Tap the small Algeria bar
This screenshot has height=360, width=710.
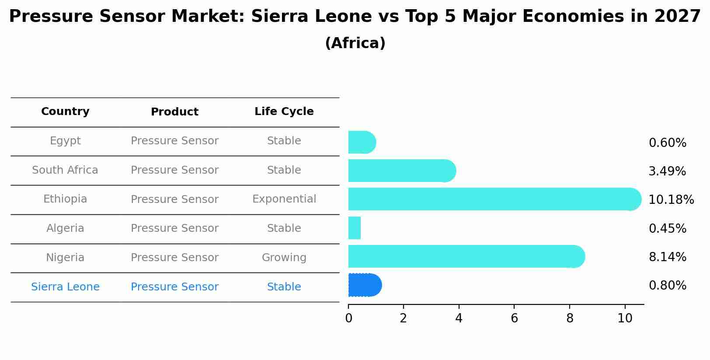pos(355,228)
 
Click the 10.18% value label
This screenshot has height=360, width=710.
pos(671,200)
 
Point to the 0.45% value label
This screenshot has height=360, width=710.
pos(667,228)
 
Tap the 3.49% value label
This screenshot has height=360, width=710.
pos(667,171)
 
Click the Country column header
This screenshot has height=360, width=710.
pos(65,112)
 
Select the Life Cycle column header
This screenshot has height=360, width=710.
pos(284,112)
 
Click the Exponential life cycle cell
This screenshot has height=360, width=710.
pos(284,199)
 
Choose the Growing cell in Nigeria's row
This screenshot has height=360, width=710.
pos(284,258)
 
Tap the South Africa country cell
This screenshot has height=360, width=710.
pos(65,170)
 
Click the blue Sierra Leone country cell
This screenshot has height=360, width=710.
pos(65,287)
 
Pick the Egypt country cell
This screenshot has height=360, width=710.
pos(65,141)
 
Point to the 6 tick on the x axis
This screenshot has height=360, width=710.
pos(514,318)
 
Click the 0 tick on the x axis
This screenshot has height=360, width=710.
pos(348,318)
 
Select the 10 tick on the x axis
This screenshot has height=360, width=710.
pos(625,318)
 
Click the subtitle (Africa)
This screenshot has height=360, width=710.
pos(355,43)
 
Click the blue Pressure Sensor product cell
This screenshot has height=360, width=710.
pos(174,287)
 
